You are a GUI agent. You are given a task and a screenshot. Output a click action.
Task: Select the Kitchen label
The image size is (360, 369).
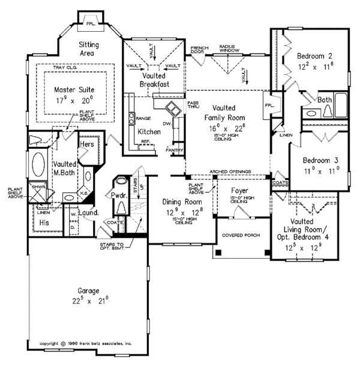tap(148, 131)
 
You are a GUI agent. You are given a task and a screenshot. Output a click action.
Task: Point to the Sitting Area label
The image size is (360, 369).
tap(93, 49)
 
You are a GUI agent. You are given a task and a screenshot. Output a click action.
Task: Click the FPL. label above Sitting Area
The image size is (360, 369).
tap(91, 25)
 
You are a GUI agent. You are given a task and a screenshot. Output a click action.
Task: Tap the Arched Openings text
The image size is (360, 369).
tap(230, 170)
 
